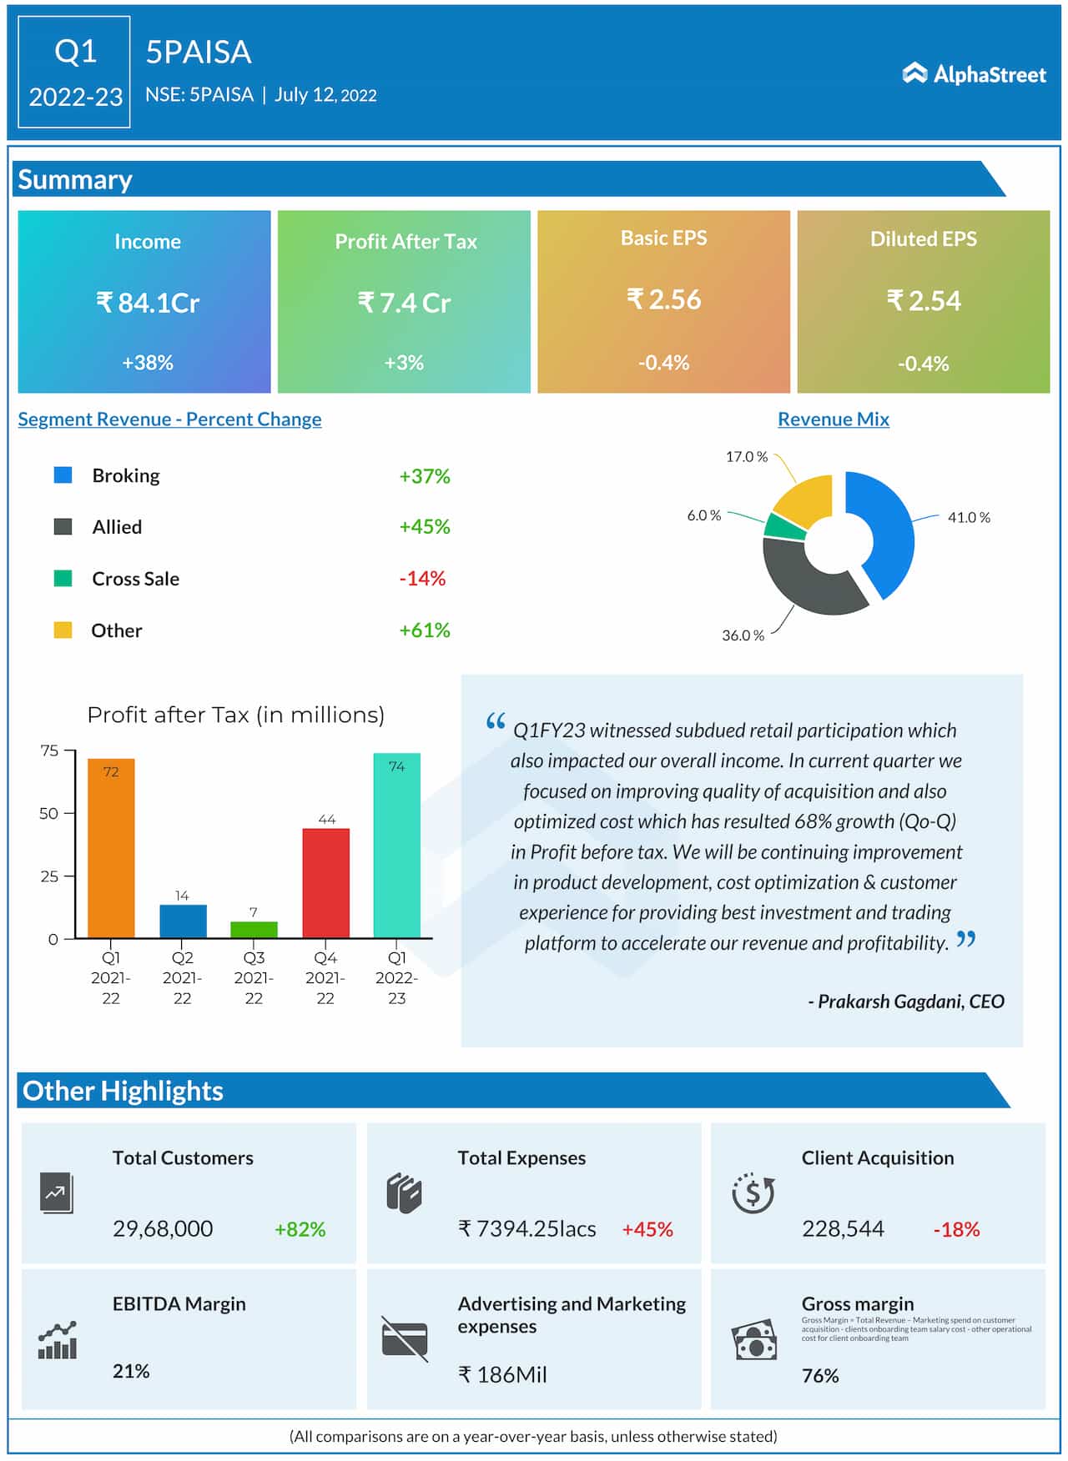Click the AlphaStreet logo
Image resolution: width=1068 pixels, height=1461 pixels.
click(974, 74)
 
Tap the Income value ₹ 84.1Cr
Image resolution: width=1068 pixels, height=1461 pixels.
click(148, 302)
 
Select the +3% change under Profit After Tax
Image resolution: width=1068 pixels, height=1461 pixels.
click(404, 363)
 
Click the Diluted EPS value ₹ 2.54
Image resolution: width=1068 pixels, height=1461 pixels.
click(924, 300)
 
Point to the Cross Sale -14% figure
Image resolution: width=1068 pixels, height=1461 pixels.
click(422, 578)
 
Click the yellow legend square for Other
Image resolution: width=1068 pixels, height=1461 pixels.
click(63, 630)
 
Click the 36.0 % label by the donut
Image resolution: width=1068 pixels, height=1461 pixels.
click(743, 635)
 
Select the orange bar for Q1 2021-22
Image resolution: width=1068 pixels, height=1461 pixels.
click(111, 851)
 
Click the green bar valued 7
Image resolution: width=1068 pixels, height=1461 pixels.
click(254, 929)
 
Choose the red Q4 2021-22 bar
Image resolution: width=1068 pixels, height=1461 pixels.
click(325, 884)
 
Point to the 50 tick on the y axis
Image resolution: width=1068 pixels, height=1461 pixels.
click(49, 813)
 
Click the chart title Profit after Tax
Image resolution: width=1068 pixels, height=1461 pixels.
click(235, 715)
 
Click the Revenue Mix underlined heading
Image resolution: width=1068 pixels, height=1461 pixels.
click(833, 419)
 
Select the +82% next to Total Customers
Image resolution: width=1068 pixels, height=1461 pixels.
click(300, 1229)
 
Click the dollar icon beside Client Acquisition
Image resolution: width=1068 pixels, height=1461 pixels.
click(753, 1192)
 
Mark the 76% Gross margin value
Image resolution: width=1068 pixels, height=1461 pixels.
click(820, 1376)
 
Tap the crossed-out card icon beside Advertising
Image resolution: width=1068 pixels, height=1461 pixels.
click(405, 1338)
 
